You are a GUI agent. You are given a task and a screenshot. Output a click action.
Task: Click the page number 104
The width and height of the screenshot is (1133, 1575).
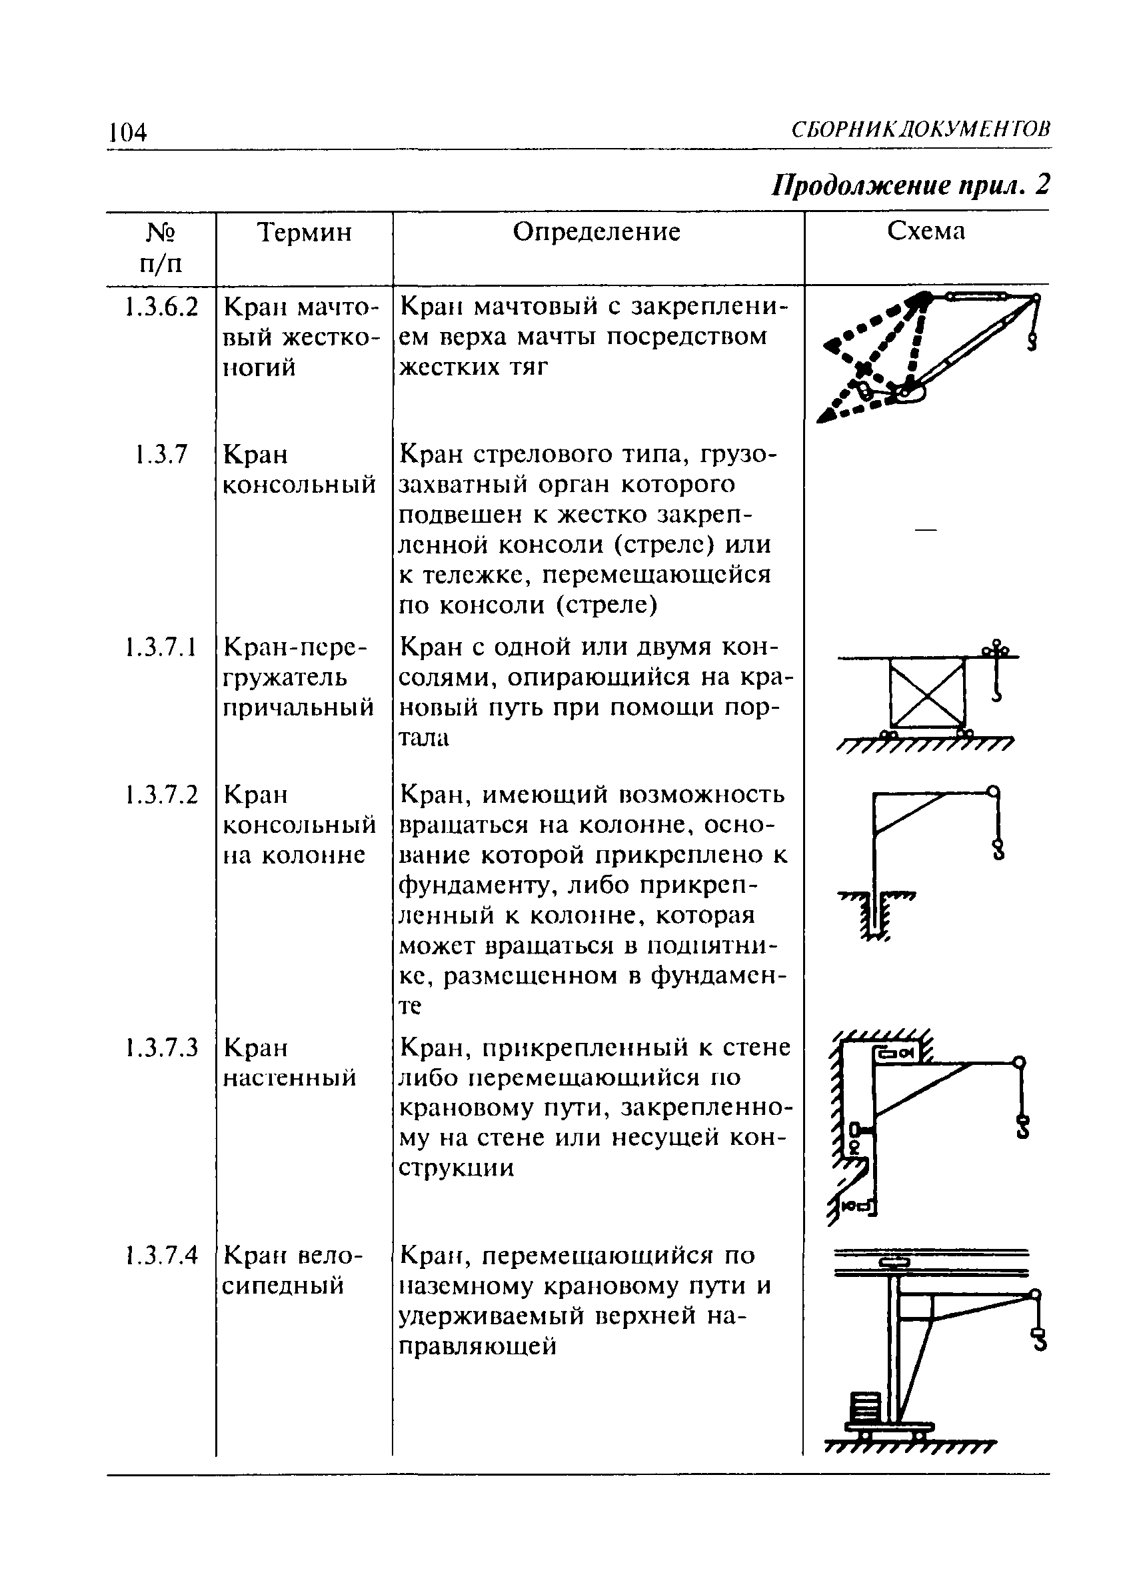coord(128,131)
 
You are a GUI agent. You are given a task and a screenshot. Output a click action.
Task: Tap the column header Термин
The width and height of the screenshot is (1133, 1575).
coord(304,232)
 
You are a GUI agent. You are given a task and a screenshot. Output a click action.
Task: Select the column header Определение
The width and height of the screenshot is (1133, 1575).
coord(596,232)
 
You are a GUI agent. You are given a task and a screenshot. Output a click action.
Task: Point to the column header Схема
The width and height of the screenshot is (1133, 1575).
coord(926,232)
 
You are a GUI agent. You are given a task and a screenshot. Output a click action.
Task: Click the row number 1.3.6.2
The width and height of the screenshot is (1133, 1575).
coord(161,306)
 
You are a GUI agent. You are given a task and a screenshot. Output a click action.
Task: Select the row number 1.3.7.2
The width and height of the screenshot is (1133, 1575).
coord(161,794)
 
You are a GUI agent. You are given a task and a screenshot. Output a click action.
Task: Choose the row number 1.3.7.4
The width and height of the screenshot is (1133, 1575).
coord(161,1255)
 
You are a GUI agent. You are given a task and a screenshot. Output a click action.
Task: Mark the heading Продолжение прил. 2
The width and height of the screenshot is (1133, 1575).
coord(911,185)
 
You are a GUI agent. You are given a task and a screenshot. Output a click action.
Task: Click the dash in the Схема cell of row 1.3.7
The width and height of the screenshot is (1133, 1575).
coord(926,530)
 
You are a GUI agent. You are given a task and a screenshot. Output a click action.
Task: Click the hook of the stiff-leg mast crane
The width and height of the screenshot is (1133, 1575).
coord(1032,341)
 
